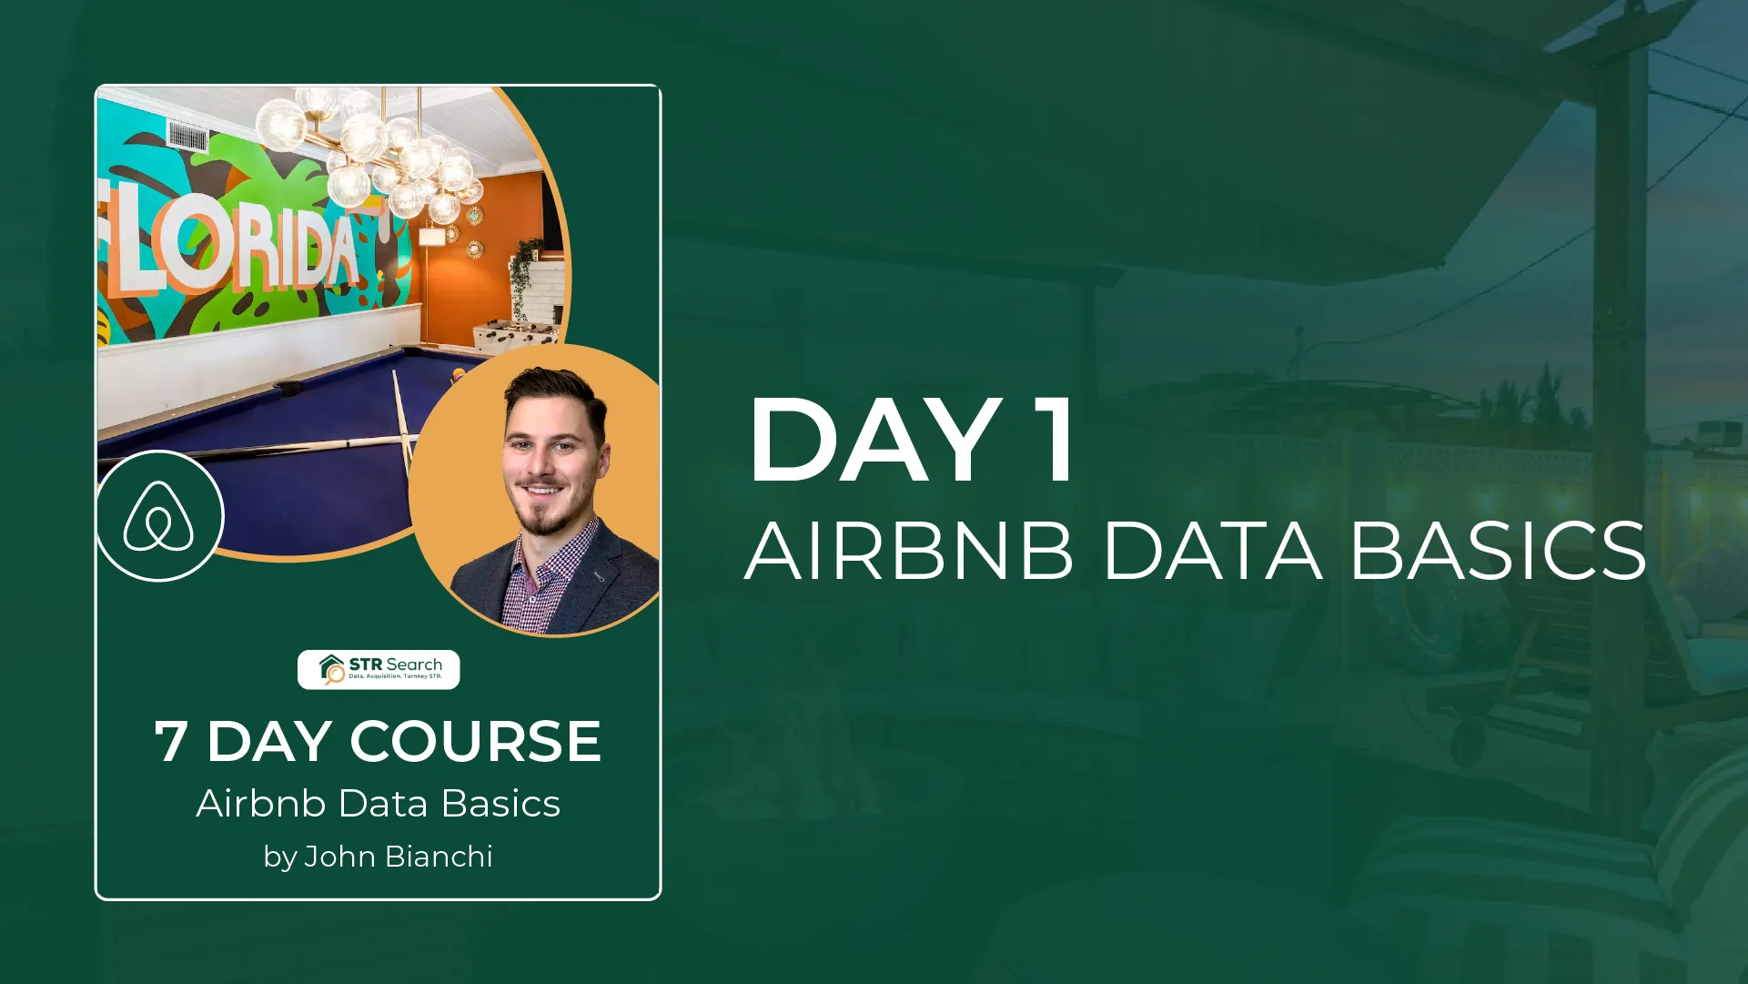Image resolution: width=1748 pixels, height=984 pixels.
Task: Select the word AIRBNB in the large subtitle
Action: (909, 551)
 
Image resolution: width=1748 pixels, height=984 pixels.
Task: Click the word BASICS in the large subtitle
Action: (1498, 551)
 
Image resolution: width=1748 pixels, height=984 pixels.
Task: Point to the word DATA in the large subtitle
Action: (1212, 551)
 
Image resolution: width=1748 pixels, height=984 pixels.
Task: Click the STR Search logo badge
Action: (379, 669)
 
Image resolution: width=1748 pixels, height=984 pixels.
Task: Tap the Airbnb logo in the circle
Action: (158, 516)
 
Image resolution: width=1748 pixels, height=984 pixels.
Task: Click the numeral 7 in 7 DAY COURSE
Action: (171, 741)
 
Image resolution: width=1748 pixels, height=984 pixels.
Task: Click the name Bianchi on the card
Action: (440, 857)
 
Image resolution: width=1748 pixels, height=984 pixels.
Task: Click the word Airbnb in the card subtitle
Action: (261, 804)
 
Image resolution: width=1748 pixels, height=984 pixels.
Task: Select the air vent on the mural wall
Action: (187, 137)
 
